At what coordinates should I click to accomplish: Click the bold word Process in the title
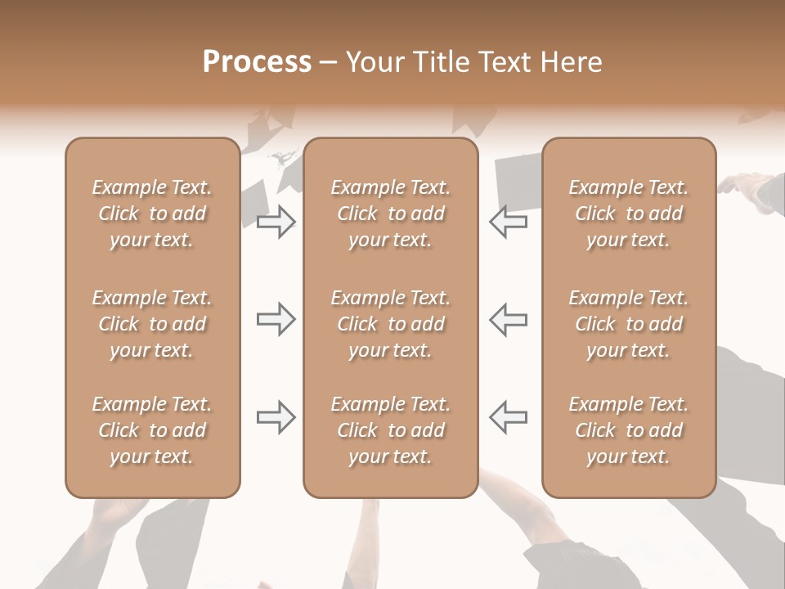(x=257, y=62)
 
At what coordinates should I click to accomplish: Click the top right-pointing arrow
(x=276, y=222)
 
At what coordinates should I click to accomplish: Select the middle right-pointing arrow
(x=276, y=320)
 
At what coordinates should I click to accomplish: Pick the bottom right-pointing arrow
(x=276, y=417)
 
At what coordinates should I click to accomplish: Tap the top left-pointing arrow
(x=508, y=222)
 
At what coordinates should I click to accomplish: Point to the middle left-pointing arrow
(x=508, y=320)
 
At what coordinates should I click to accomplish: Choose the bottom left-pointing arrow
(x=508, y=417)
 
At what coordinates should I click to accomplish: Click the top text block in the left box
(x=152, y=214)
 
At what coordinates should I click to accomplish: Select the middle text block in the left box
(x=152, y=324)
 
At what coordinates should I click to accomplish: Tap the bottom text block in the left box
(x=152, y=430)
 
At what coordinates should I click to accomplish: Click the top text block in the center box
(x=390, y=214)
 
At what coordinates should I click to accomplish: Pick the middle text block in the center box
(x=390, y=324)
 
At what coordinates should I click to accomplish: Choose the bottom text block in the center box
(x=390, y=430)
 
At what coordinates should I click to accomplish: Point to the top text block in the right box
(x=628, y=214)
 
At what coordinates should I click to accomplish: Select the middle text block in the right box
(x=628, y=324)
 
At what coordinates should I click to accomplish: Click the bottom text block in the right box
(x=628, y=430)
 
